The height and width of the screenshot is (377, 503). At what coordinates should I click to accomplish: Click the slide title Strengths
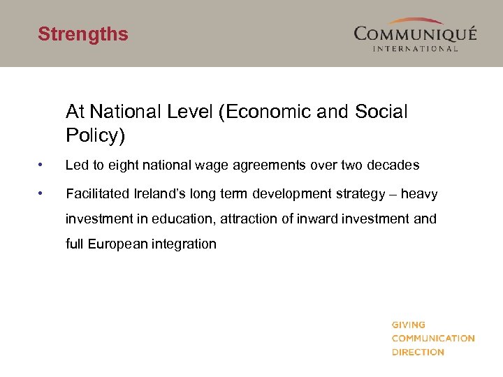point(83,34)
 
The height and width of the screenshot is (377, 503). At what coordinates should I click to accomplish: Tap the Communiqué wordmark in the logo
point(415,34)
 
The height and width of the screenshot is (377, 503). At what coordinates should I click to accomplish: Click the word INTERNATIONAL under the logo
point(416,48)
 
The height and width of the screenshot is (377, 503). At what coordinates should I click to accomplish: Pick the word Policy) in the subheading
point(95,135)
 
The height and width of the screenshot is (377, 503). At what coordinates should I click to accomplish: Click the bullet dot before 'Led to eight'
point(43,165)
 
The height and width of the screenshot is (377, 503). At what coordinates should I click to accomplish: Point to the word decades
point(393,165)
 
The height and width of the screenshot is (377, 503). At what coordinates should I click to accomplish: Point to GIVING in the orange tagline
point(409,325)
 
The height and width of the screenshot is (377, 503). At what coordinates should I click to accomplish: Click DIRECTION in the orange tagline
point(418,352)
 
